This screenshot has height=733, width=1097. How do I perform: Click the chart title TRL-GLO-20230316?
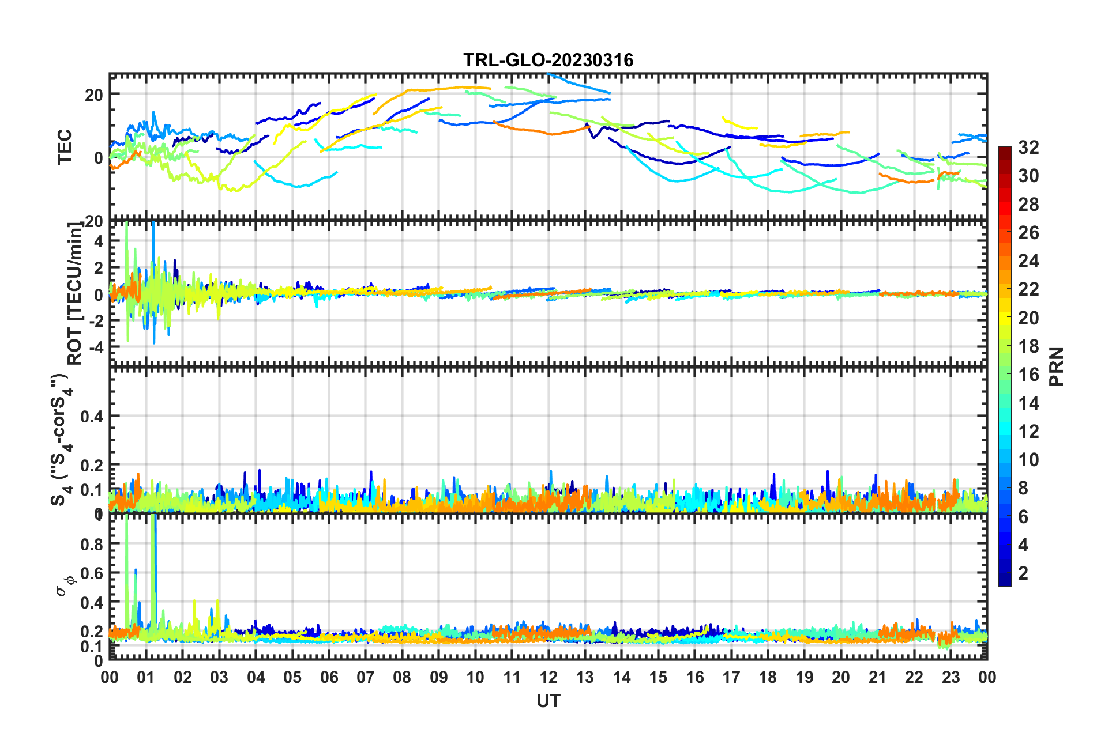548,60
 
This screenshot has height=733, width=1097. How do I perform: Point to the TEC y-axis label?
65,146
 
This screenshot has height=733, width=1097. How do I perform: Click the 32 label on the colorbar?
1028,148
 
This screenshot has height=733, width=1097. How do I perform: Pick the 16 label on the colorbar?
1028,375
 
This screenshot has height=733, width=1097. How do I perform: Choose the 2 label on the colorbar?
1023,573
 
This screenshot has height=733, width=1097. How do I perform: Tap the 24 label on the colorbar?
1028,261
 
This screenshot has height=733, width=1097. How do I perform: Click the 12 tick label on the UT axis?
548,677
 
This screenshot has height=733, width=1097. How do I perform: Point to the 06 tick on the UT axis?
329,677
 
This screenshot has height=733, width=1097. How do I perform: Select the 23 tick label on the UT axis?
951,677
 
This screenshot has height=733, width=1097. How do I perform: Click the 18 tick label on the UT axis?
768,677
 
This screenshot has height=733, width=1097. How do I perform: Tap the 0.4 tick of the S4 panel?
92,416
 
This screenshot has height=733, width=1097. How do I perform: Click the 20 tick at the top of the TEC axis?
94,95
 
